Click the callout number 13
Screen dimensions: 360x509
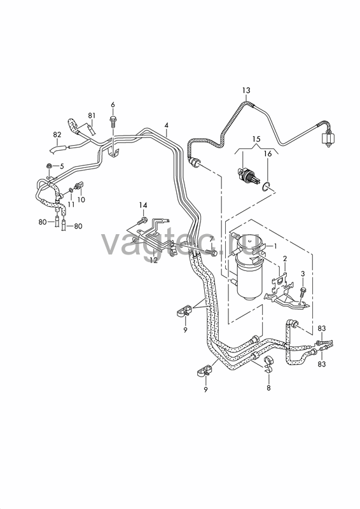click(246, 90)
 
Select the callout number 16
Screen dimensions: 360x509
click(268, 153)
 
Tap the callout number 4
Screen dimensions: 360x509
click(166, 125)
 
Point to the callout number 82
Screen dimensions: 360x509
click(57, 134)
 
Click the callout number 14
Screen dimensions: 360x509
click(143, 205)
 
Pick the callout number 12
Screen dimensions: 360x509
click(153, 260)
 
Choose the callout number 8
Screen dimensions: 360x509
click(268, 387)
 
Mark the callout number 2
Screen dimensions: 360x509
click(285, 259)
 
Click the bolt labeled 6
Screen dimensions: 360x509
click(113, 120)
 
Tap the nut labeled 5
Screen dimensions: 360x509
click(49, 167)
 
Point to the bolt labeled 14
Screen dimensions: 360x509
click(141, 222)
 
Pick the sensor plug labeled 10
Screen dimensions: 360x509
click(80, 186)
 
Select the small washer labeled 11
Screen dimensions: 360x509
click(71, 189)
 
